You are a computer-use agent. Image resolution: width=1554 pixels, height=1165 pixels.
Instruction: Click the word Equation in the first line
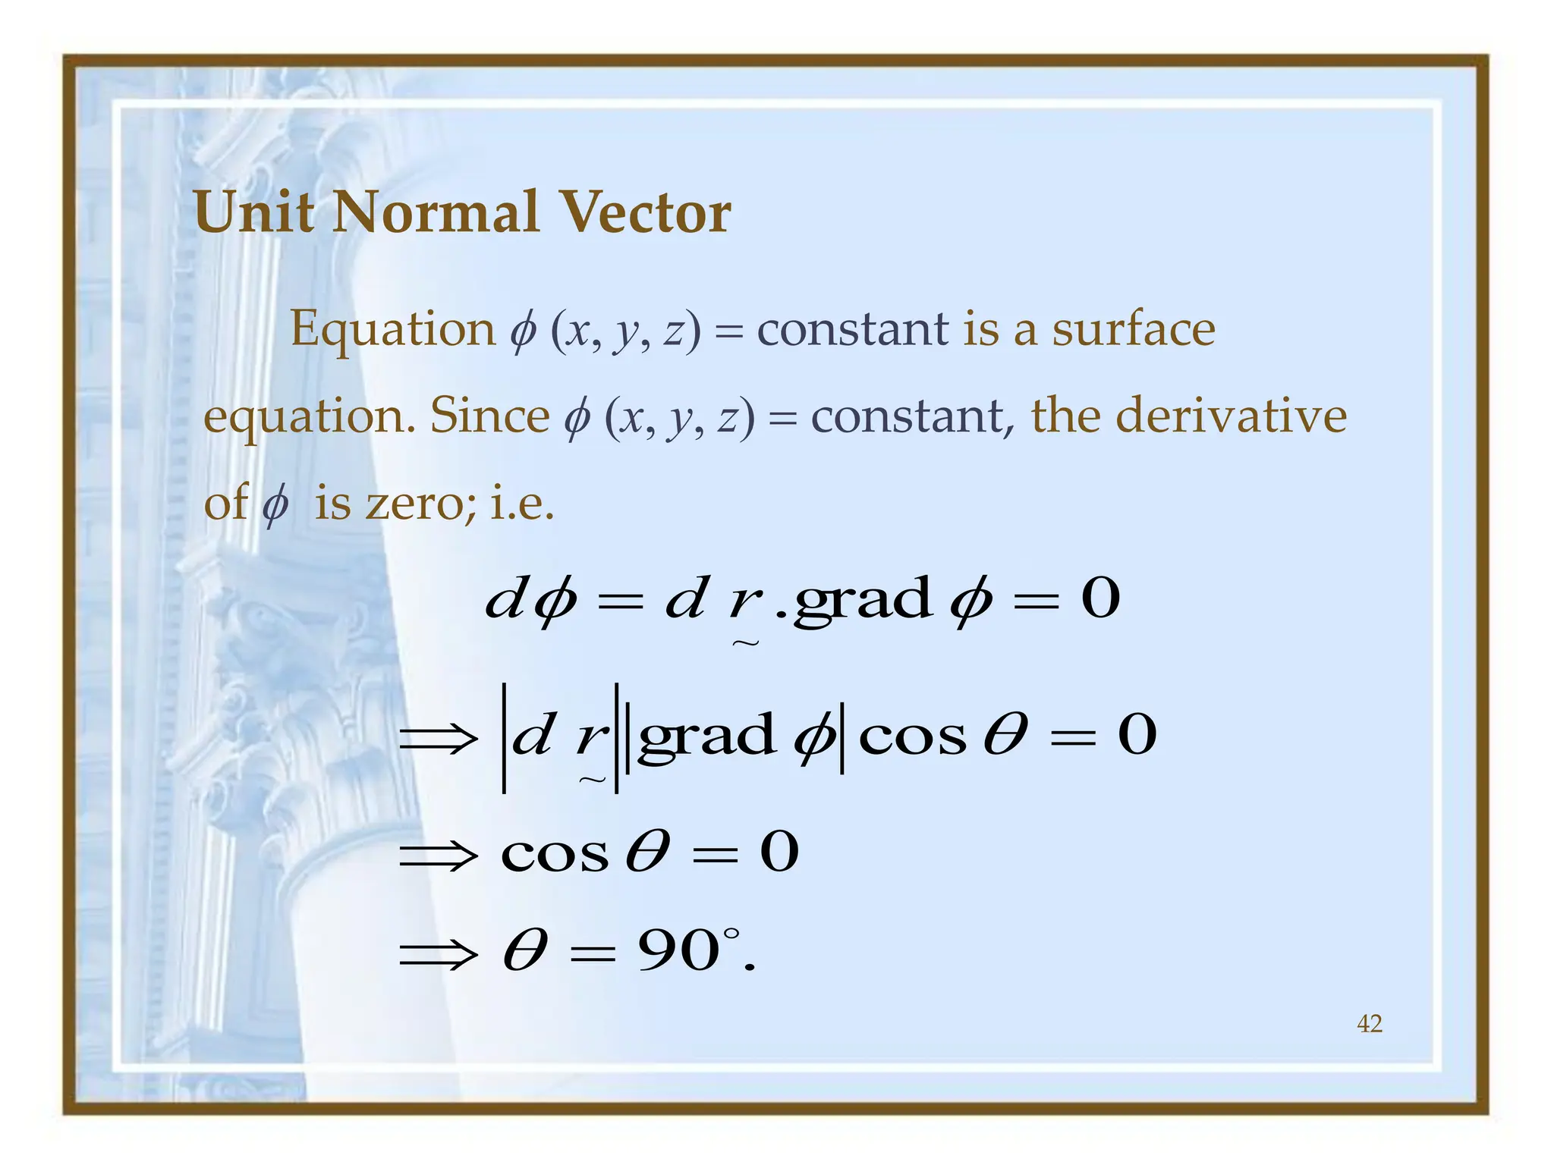(x=392, y=331)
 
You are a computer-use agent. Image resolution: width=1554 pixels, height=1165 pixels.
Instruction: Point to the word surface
(x=1133, y=329)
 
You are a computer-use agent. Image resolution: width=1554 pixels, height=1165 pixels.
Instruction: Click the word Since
(x=489, y=416)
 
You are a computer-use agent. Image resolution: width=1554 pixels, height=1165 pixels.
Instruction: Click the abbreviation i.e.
(x=522, y=502)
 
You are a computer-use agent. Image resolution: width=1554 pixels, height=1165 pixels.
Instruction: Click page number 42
(x=1369, y=1024)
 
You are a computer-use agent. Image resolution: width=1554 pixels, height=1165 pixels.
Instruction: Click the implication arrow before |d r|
(x=439, y=737)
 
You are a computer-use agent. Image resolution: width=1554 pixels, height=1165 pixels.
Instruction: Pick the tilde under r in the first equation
(x=745, y=643)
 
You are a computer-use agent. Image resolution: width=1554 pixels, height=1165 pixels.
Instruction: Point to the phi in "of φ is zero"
(x=275, y=504)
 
